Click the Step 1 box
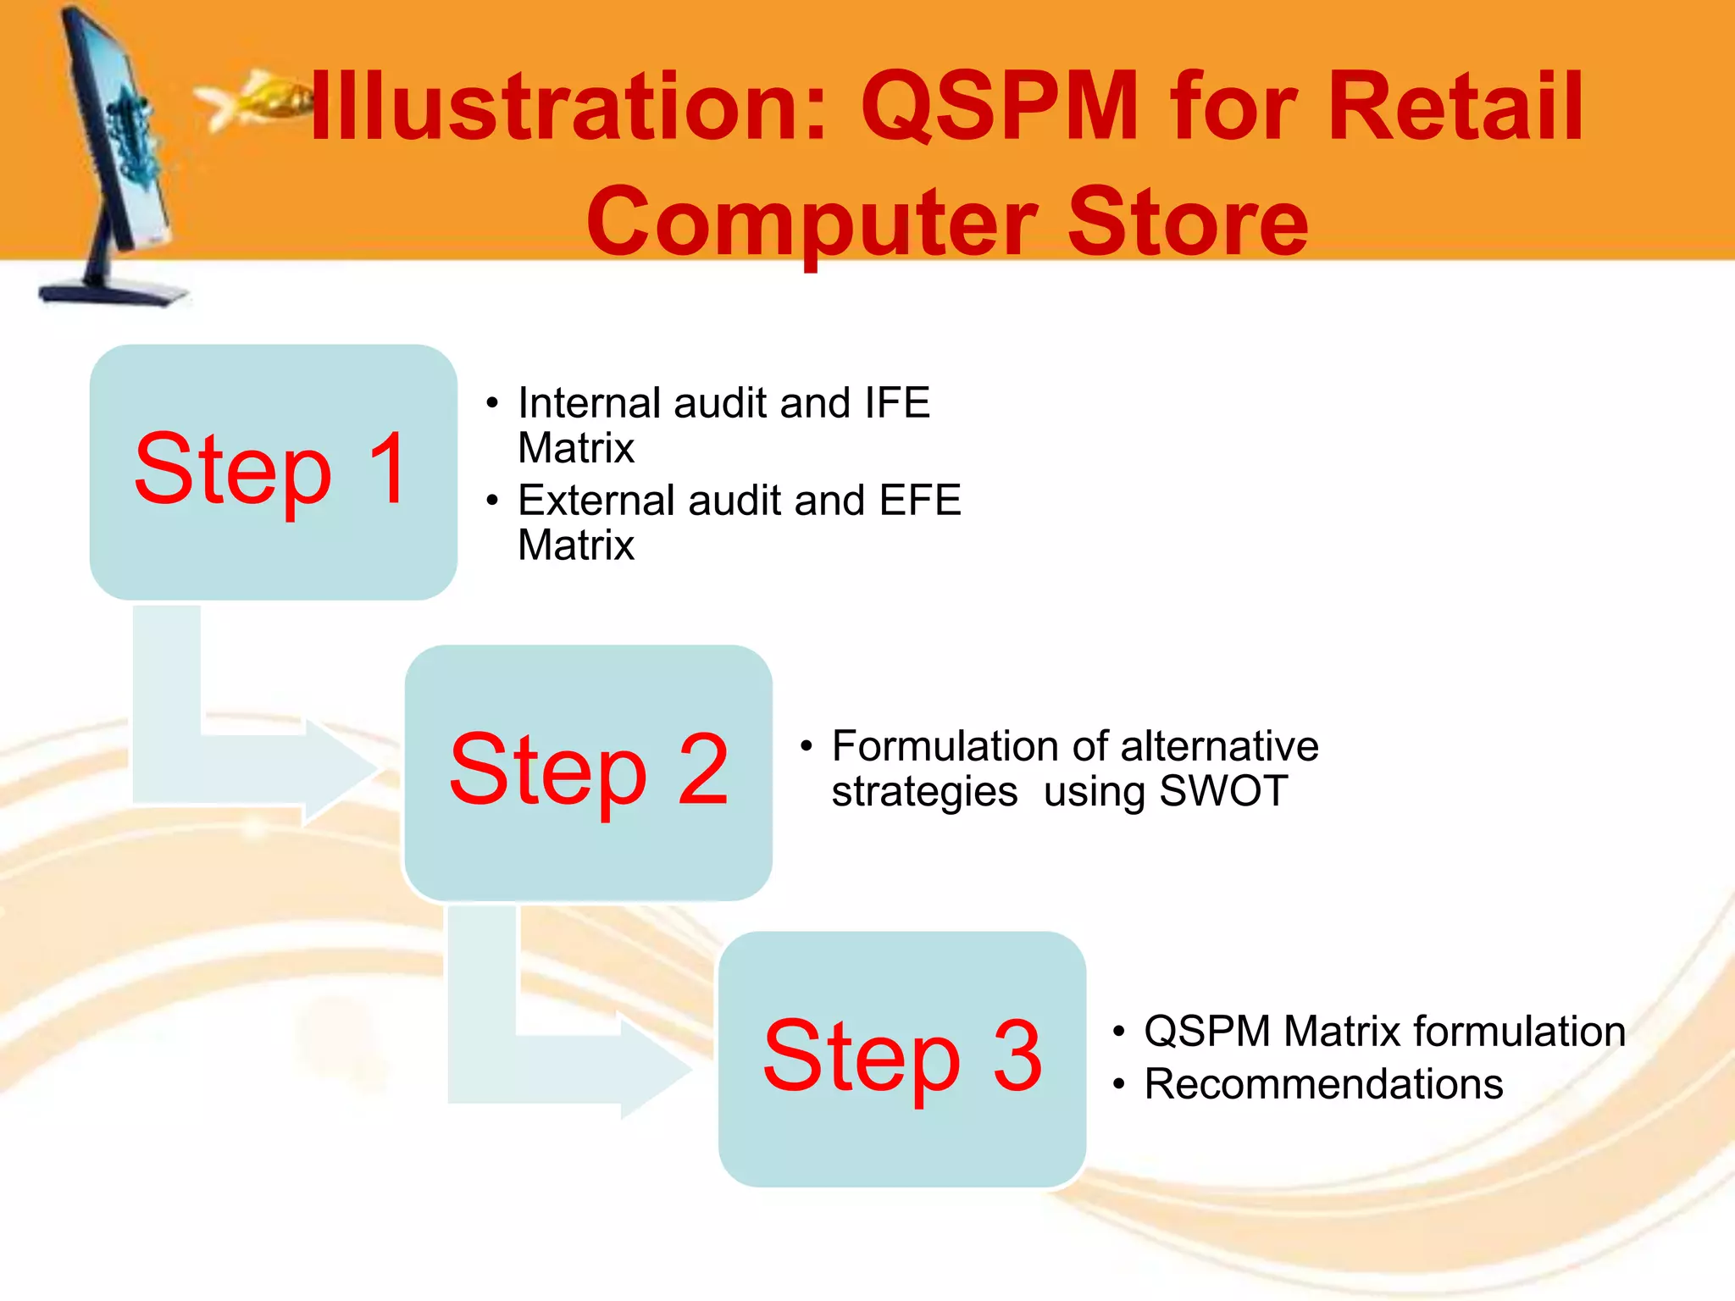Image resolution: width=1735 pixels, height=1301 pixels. tap(273, 472)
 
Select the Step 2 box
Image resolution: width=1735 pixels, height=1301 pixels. tap(588, 772)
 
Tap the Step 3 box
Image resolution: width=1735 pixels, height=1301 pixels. tap(901, 1058)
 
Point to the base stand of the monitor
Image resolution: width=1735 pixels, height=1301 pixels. tap(114, 292)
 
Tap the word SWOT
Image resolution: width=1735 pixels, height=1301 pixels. tap(1223, 791)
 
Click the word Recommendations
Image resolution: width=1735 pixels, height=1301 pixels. tap(1323, 1084)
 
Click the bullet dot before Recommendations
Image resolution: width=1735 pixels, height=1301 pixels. tap(1119, 1085)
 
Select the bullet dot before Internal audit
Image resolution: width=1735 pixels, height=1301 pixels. tap(492, 403)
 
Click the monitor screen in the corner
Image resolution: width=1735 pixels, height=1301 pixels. tap(127, 136)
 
